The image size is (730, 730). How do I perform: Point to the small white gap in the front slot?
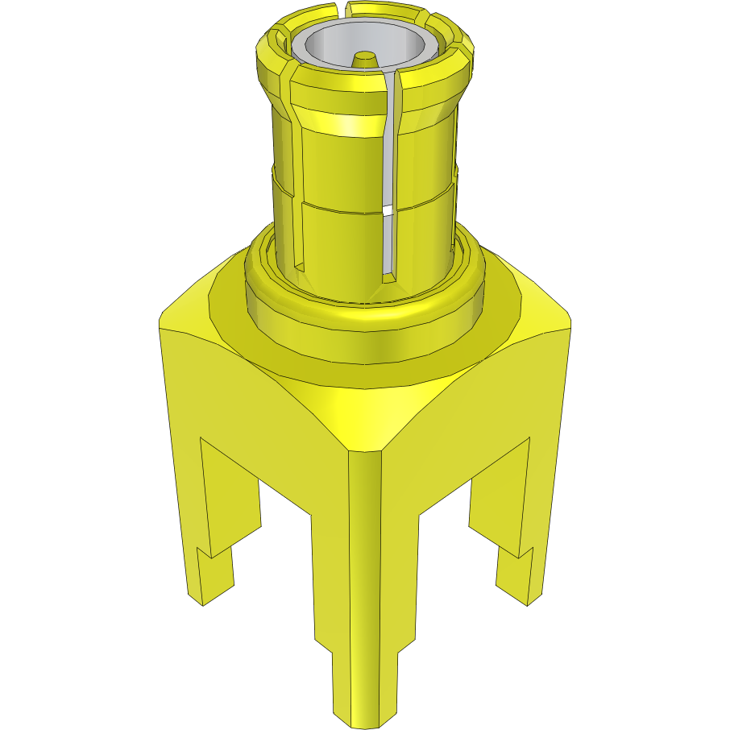(390, 212)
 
